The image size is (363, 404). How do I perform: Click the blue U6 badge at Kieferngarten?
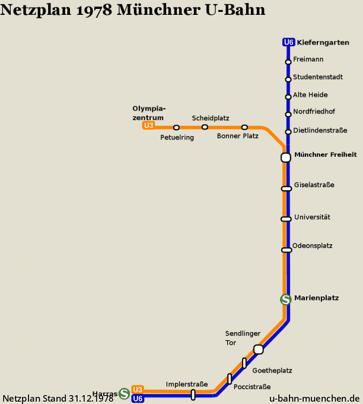(x=288, y=42)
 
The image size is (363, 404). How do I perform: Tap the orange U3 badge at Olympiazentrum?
(x=148, y=125)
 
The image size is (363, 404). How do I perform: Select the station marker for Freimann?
(x=288, y=62)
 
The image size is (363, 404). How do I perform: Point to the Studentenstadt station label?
(x=318, y=77)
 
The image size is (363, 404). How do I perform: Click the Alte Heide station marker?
(x=288, y=97)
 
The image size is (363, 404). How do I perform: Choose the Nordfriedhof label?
(x=314, y=112)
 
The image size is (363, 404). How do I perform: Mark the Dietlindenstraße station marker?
(x=288, y=132)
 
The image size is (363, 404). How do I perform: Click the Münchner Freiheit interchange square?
(x=286, y=157)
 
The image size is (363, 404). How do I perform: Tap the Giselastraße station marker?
(x=286, y=189)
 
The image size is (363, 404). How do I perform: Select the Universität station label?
(x=312, y=217)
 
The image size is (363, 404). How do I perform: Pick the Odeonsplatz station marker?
(x=286, y=250)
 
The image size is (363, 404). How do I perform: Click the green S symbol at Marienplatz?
(x=286, y=299)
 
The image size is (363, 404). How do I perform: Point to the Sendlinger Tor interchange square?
(x=259, y=349)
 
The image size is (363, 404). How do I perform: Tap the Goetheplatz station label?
(x=272, y=371)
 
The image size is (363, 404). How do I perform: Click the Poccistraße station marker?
(x=230, y=379)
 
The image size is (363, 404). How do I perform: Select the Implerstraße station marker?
(x=193, y=394)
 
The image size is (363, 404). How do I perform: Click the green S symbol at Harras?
(x=124, y=394)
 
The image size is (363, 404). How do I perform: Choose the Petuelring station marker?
(x=176, y=128)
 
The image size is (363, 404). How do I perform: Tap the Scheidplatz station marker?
(x=205, y=127)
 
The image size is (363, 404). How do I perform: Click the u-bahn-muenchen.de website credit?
(x=314, y=398)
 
